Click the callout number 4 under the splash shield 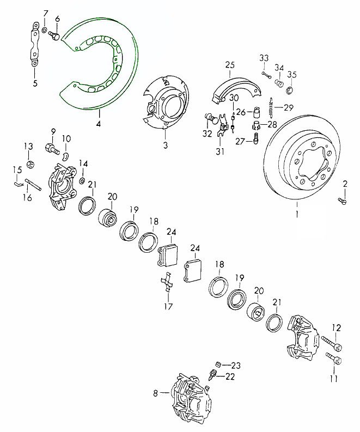(x=99, y=123)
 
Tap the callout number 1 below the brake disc (x=297, y=207)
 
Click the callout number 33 (x=264, y=58)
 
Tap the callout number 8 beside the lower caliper (x=155, y=392)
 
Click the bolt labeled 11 (x=333, y=360)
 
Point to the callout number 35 (x=292, y=75)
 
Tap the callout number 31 (x=219, y=151)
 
